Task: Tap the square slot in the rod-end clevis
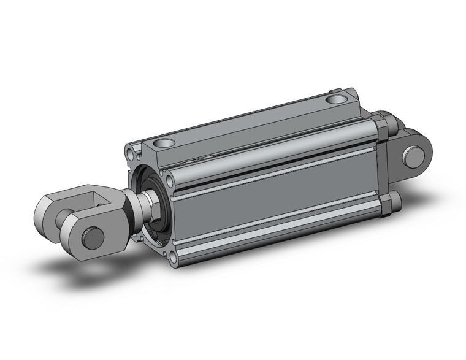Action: (x=99, y=198)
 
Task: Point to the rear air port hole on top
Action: (x=335, y=98)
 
